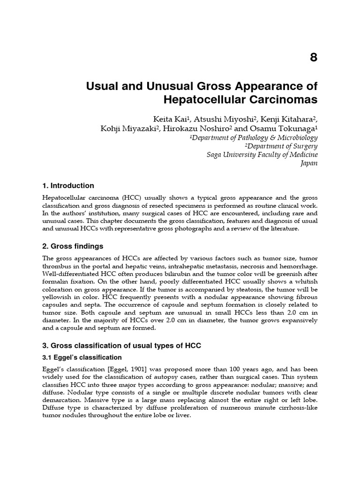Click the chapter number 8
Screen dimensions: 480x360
(314, 58)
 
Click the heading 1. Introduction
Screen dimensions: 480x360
(68, 186)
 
